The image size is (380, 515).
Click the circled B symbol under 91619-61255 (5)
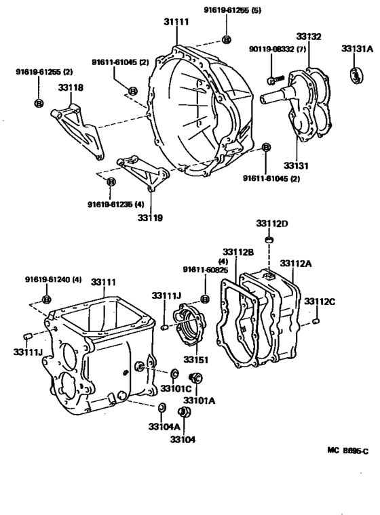(226, 40)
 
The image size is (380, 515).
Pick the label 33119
(151, 218)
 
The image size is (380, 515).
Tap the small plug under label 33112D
(269, 241)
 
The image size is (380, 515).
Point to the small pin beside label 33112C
(316, 321)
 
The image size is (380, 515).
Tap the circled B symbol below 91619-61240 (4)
(46, 299)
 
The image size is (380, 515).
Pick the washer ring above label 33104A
(161, 408)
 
